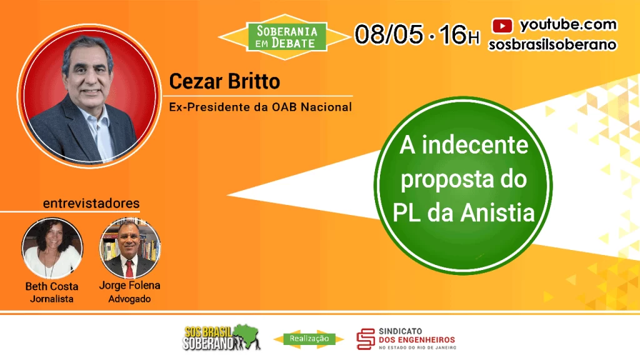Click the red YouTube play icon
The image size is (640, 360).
coord(502,26)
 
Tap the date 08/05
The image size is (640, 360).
coord(389,34)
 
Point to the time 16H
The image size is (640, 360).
coord(459,34)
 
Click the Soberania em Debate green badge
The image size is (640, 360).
coord(287,37)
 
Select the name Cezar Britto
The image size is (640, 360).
coord(224,81)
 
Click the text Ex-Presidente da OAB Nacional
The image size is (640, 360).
coord(261,107)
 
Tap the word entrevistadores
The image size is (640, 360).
coord(91,203)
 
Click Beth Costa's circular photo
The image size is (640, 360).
coord(52,249)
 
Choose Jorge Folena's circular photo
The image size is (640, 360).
coord(130,248)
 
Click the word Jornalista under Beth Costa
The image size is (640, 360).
coord(52,299)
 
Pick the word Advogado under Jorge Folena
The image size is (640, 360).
coord(129,299)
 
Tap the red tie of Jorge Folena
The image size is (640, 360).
coord(129,269)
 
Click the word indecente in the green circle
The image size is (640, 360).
coord(474,145)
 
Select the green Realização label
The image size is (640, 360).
coord(309,338)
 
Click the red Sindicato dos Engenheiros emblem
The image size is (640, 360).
coord(366,339)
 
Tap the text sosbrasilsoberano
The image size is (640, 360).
coord(552,44)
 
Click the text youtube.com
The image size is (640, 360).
coord(567,25)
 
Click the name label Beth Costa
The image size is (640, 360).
coord(52,286)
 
